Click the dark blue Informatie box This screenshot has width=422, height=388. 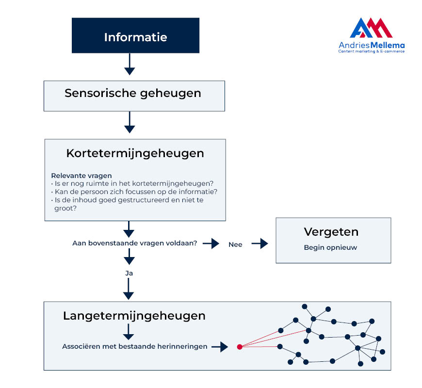[135, 35]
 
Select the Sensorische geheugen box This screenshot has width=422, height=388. [134, 96]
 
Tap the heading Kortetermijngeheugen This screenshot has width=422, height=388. [135, 154]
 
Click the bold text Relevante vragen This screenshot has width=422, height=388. [81, 176]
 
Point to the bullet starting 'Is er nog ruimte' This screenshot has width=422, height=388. [132, 183]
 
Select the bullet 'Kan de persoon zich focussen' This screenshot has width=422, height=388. [134, 192]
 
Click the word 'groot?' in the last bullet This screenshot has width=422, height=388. [65, 209]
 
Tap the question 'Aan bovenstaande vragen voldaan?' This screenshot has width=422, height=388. [134, 243]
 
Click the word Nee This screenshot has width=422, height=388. [235, 244]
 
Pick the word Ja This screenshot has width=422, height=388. [129, 274]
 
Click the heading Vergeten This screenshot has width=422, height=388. [331, 232]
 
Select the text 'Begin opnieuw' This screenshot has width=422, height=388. [330, 247]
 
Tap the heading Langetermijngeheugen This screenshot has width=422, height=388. [134, 316]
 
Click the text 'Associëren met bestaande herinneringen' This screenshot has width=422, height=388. [134, 346]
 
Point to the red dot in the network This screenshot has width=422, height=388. [240, 347]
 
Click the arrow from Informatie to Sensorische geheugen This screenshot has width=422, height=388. [130, 65]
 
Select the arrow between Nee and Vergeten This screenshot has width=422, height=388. [260, 243]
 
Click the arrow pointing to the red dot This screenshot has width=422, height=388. [220, 347]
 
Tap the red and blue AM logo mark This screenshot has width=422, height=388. [371, 28]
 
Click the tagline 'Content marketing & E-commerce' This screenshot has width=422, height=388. [372, 51]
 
